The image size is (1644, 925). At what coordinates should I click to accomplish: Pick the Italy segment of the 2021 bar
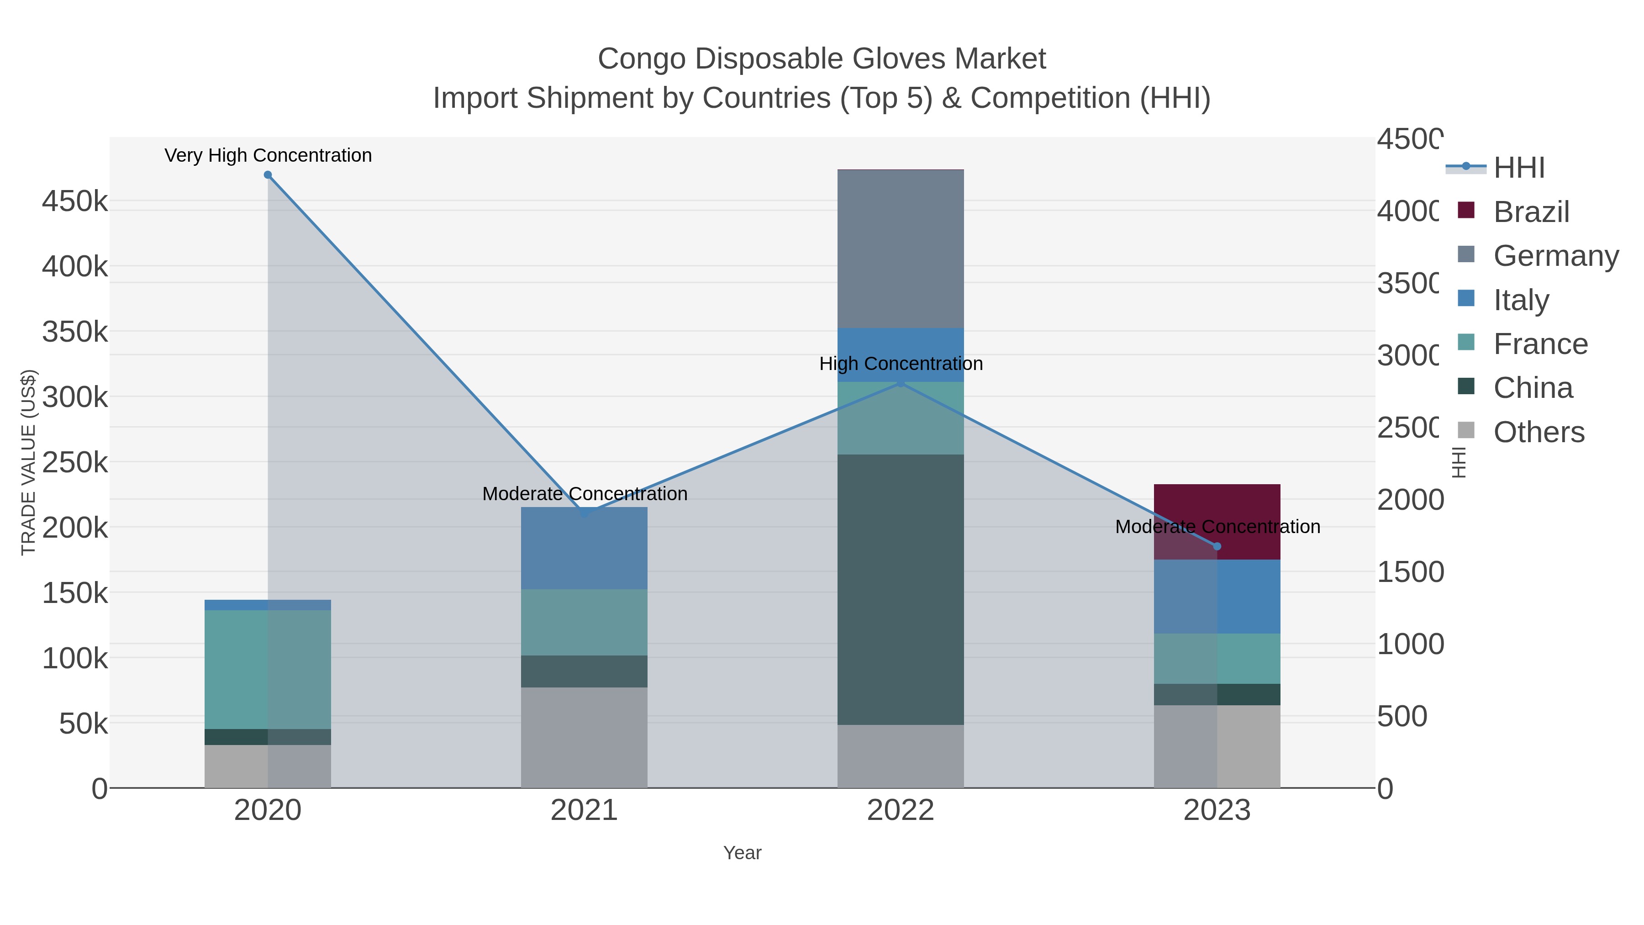click(x=584, y=548)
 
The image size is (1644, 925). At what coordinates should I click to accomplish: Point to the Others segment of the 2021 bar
click(x=584, y=737)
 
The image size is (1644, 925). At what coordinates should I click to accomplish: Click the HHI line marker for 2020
click(x=268, y=175)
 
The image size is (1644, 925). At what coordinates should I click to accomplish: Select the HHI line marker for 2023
click(x=1217, y=546)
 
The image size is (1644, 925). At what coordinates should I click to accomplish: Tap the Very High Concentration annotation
click(x=268, y=155)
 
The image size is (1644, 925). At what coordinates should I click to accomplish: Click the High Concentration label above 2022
click(x=901, y=364)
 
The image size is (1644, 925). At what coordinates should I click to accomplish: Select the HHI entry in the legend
click(x=1519, y=168)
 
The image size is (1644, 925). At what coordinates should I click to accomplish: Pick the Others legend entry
click(x=1538, y=432)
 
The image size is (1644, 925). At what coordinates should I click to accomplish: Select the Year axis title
click(x=742, y=853)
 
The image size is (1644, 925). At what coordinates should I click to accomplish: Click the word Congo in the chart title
click(x=642, y=59)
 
